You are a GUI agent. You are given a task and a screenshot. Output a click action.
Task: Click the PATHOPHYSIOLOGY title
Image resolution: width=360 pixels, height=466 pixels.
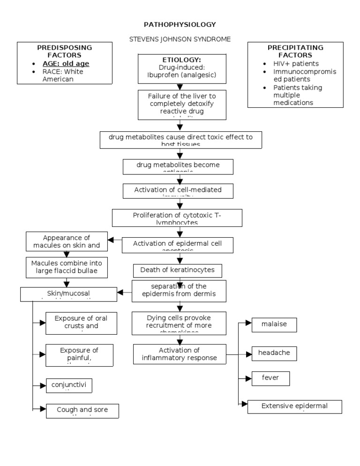[180, 24]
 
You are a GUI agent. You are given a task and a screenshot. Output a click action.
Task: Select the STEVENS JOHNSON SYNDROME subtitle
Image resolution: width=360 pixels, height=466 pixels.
[180, 39]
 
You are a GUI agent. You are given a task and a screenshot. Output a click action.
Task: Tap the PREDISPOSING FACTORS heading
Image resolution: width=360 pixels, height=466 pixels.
[65, 51]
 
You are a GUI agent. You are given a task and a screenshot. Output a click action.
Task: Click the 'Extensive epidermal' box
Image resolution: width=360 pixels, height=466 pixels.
[294, 406]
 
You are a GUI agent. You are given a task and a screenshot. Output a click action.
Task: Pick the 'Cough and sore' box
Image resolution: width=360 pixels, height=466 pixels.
[82, 410]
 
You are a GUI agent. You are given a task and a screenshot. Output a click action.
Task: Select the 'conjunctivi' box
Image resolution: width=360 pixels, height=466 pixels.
[69, 385]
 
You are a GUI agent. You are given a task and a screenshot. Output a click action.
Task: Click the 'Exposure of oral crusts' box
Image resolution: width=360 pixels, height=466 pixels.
[81, 323]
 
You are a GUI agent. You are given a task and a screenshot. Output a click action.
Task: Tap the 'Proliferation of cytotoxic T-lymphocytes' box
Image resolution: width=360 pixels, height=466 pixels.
[177, 218]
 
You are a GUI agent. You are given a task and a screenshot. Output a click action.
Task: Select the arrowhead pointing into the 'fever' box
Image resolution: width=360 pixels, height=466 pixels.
[248, 378]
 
